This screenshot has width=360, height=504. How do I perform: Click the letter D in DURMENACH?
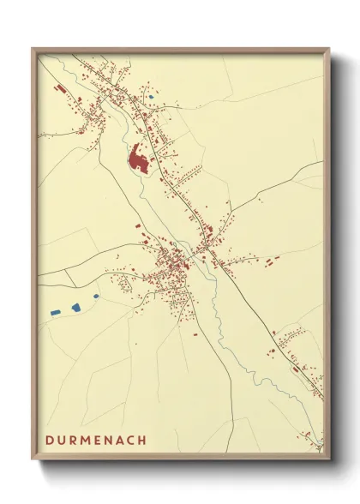pos(50,440)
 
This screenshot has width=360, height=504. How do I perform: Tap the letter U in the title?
pos(62,440)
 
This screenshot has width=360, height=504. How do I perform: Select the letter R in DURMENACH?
pos(74,440)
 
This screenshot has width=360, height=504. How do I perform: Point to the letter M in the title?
pos(87,440)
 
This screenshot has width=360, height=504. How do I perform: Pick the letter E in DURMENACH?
pos(99,440)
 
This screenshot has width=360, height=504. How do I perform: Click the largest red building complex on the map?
pos(137,159)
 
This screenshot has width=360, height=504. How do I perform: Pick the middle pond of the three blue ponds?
pos(74,306)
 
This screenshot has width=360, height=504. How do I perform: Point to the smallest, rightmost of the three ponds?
pos(95,297)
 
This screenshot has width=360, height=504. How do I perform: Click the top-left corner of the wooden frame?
pos(33,49)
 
